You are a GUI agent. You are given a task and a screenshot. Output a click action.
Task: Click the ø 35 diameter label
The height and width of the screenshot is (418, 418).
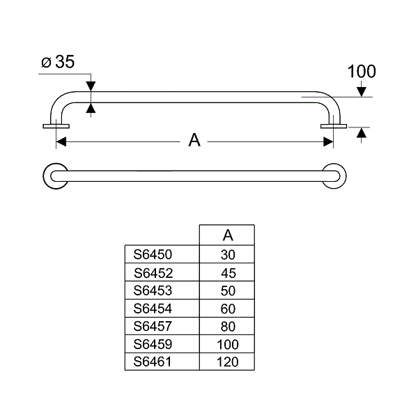[58, 62]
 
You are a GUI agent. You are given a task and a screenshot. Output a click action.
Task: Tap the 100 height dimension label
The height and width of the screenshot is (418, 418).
[362, 72]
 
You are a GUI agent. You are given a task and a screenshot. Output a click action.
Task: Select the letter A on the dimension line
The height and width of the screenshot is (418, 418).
[194, 140]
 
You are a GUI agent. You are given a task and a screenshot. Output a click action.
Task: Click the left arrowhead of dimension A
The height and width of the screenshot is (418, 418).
[61, 142]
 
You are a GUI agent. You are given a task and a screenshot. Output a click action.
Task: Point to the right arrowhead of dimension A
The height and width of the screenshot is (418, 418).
[328, 142]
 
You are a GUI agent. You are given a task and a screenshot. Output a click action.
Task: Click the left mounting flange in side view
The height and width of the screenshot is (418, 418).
[56, 126]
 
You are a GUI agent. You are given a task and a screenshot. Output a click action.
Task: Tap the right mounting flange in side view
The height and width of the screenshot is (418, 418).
[334, 126]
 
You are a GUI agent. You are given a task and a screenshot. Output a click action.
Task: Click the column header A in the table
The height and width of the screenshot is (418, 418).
[228, 235]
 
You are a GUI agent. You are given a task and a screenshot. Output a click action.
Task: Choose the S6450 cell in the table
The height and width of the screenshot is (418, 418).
[153, 254]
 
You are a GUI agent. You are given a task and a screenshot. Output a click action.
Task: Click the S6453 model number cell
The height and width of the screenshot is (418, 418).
[153, 291]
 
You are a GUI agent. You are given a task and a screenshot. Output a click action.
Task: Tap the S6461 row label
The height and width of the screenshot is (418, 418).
[152, 362]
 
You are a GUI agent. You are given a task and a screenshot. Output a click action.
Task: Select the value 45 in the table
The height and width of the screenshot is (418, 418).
[229, 273]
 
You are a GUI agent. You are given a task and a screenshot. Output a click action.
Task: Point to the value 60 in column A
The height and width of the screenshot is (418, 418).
[228, 309]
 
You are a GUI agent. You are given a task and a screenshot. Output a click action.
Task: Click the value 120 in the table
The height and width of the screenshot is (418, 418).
[227, 362]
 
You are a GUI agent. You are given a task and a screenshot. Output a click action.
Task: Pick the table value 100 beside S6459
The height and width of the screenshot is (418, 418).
[227, 344]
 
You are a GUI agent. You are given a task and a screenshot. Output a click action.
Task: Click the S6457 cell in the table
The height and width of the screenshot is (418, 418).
[153, 326]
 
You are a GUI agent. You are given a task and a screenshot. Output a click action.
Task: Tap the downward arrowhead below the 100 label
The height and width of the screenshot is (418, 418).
[361, 92]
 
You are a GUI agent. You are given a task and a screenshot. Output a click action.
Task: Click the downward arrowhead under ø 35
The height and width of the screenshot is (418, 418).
[91, 86]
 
